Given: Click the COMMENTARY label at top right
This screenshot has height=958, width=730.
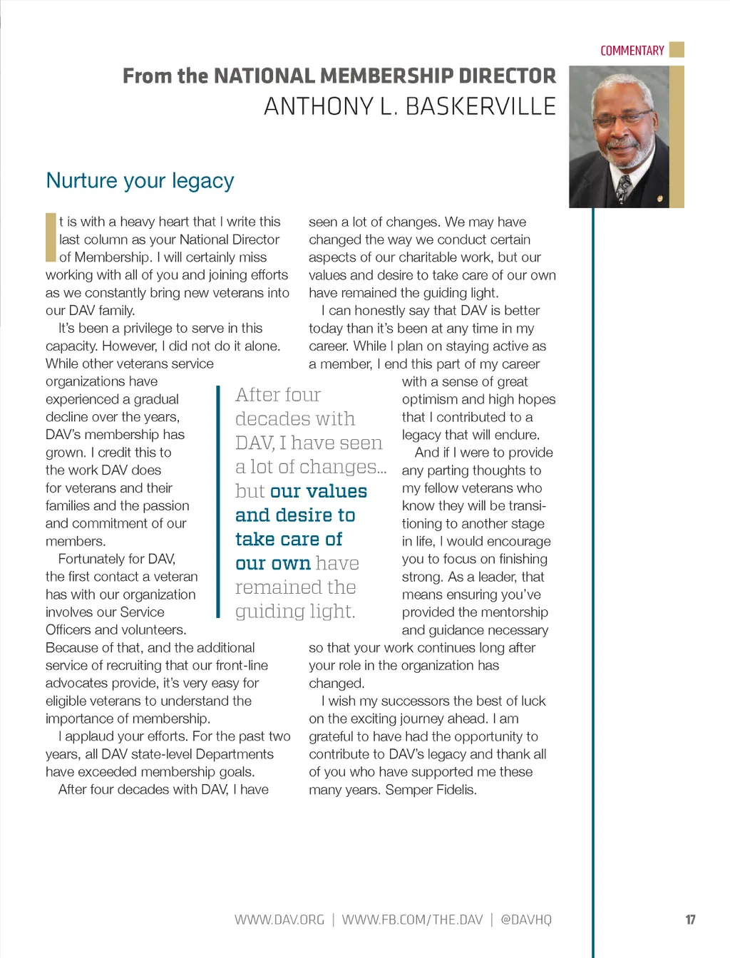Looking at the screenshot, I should (632, 51).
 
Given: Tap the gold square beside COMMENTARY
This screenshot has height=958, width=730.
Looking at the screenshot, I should (677, 49).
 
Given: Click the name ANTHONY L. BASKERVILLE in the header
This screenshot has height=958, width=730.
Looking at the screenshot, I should (409, 106).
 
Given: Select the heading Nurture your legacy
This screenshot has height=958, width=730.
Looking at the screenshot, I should (140, 180).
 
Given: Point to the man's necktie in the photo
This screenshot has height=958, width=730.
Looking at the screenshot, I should (624, 186).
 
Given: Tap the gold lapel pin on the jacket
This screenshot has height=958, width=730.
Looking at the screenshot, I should (660, 198).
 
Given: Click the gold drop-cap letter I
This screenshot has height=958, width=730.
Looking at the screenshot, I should (51, 237).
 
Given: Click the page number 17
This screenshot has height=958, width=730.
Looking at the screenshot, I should (690, 920).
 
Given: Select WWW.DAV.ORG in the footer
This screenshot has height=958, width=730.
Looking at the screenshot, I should (279, 920).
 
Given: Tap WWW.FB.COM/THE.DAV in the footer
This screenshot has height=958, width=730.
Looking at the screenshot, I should (412, 920).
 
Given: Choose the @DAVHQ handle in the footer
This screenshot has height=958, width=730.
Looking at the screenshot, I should (526, 920).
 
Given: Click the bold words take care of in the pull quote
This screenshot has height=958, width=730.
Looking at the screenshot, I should (289, 539).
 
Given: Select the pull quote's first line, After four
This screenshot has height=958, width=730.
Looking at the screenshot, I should (278, 395).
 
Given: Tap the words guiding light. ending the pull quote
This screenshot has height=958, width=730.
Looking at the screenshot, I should (295, 611).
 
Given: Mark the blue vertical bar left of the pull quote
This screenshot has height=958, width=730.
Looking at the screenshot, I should (218, 502).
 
